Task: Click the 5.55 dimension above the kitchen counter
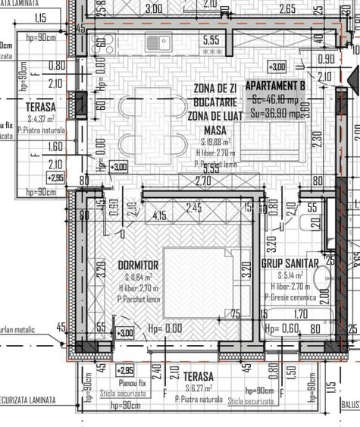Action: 212,39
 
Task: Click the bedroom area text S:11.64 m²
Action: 137,278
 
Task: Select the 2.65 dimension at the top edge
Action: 286,10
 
